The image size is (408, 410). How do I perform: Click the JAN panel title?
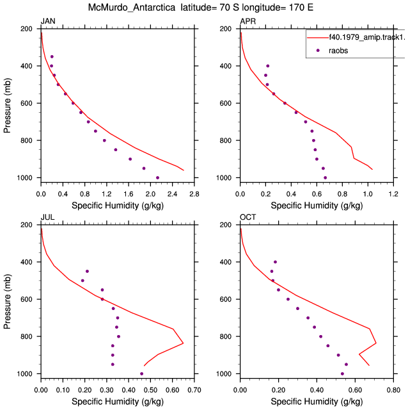[48, 21]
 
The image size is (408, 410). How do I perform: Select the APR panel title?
[247, 21]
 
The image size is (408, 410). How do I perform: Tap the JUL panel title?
[47, 217]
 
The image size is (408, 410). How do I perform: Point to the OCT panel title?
[247, 217]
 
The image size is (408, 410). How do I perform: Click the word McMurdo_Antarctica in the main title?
[132, 7]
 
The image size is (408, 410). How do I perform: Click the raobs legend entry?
[338, 51]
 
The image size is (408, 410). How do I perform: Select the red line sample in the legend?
[318, 38]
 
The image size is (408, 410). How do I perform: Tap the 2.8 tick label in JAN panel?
[194, 194]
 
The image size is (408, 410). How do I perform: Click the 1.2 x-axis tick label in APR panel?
[393, 194]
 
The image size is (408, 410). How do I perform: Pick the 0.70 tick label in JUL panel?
[194, 390]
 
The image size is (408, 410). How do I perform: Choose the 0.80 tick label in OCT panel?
[393, 390]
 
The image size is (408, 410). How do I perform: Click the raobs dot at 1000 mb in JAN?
[157, 178]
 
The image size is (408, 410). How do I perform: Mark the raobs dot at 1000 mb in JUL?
[141, 374]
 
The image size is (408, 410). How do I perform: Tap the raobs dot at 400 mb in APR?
[267, 66]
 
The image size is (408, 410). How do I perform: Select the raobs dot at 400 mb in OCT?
[275, 262]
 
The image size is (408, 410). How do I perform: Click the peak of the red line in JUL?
[184, 343]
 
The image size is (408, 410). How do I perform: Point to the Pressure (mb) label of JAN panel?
[7, 105]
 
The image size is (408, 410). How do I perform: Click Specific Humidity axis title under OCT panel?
[317, 402]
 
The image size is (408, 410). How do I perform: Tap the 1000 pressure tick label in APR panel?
[224, 178]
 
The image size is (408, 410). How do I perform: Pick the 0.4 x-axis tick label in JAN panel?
[63, 194]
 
